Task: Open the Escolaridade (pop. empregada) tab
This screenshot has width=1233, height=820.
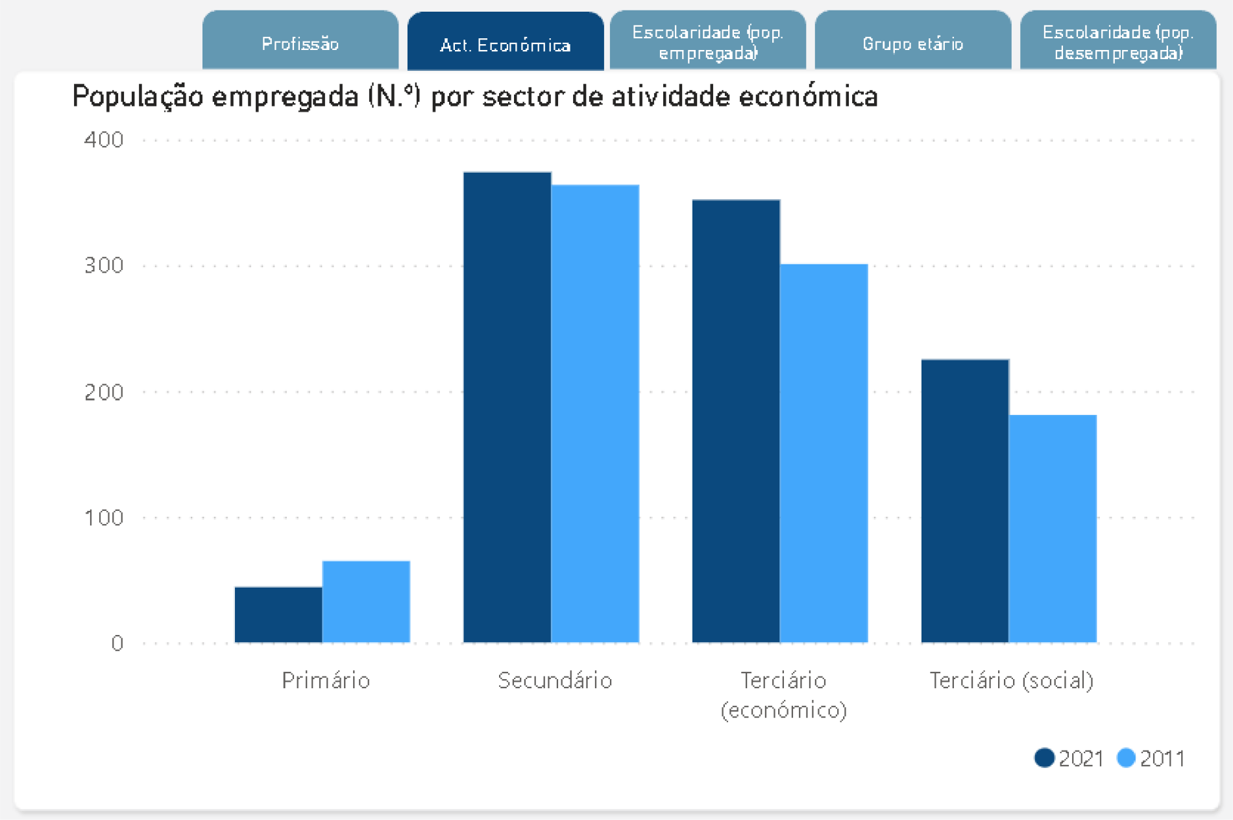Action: point(707,42)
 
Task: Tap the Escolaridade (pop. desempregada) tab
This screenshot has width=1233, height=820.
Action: point(1117,42)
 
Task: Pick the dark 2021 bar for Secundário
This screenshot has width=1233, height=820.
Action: point(507,407)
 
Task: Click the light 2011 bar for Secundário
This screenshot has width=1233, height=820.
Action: point(595,414)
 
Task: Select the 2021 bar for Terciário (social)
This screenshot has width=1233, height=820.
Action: point(965,501)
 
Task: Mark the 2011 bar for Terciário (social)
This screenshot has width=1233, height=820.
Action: point(1053,528)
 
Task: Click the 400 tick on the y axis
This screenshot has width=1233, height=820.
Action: point(104,140)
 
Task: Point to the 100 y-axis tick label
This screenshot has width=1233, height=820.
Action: point(104,517)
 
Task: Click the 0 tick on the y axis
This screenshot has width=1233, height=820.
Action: point(117,643)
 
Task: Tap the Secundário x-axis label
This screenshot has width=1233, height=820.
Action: point(555,680)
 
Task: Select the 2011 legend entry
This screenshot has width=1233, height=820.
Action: point(1151,758)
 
